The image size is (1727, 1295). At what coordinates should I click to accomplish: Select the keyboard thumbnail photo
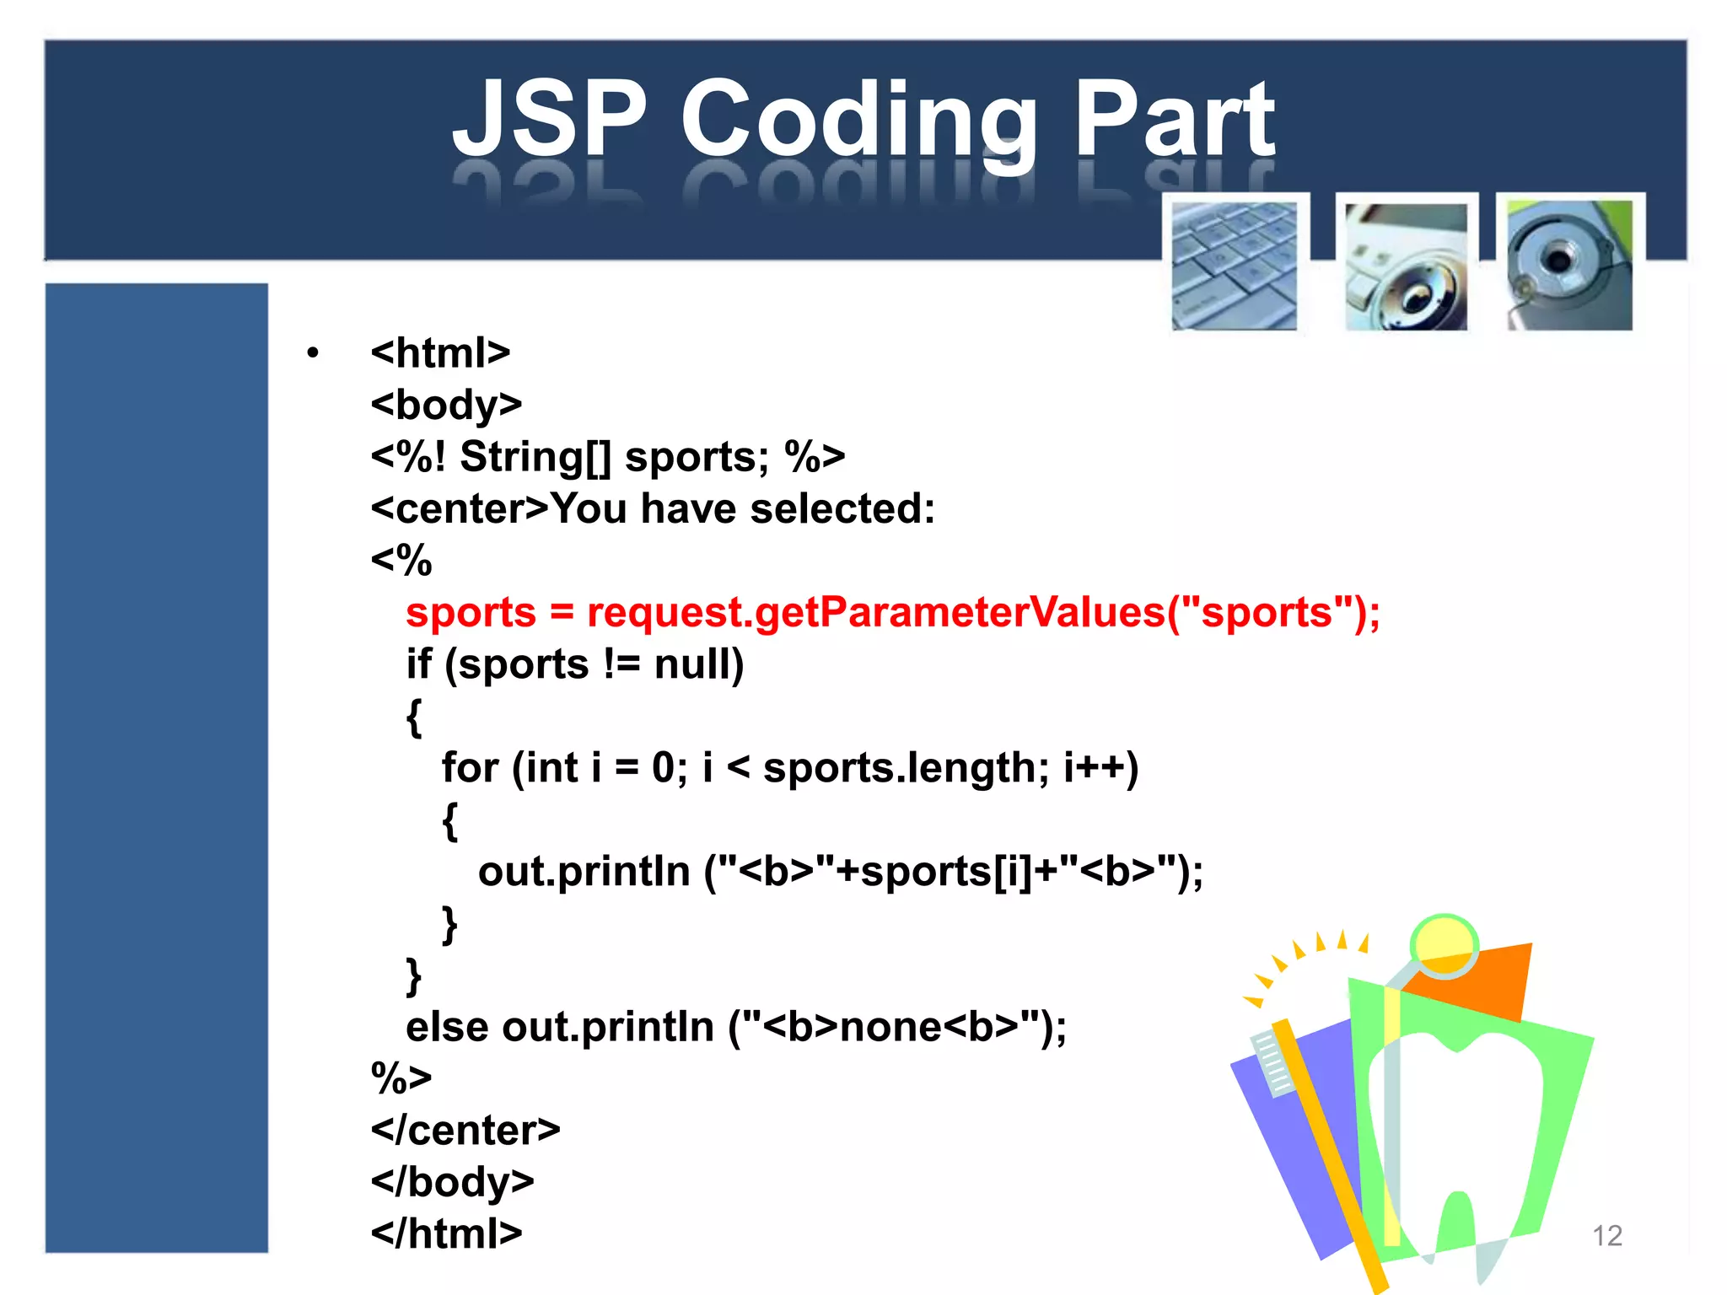point(1235,265)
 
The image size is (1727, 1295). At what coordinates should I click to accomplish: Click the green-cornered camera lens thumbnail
point(1569,264)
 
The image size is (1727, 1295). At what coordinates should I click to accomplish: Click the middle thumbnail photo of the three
point(1406,266)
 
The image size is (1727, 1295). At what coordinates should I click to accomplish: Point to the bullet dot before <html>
point(313,353)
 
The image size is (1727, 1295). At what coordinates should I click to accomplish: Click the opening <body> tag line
point(446,405)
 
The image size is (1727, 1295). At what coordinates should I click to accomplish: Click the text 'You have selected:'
point(742,509)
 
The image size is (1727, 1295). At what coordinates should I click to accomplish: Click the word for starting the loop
point(470,768)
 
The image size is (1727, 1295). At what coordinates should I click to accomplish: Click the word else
point(447,1027)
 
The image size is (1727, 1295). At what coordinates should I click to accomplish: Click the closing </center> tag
point(465,1131)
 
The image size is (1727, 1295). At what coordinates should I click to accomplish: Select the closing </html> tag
point(446,1234)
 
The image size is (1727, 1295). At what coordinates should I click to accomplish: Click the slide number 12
point(1607,1236)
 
